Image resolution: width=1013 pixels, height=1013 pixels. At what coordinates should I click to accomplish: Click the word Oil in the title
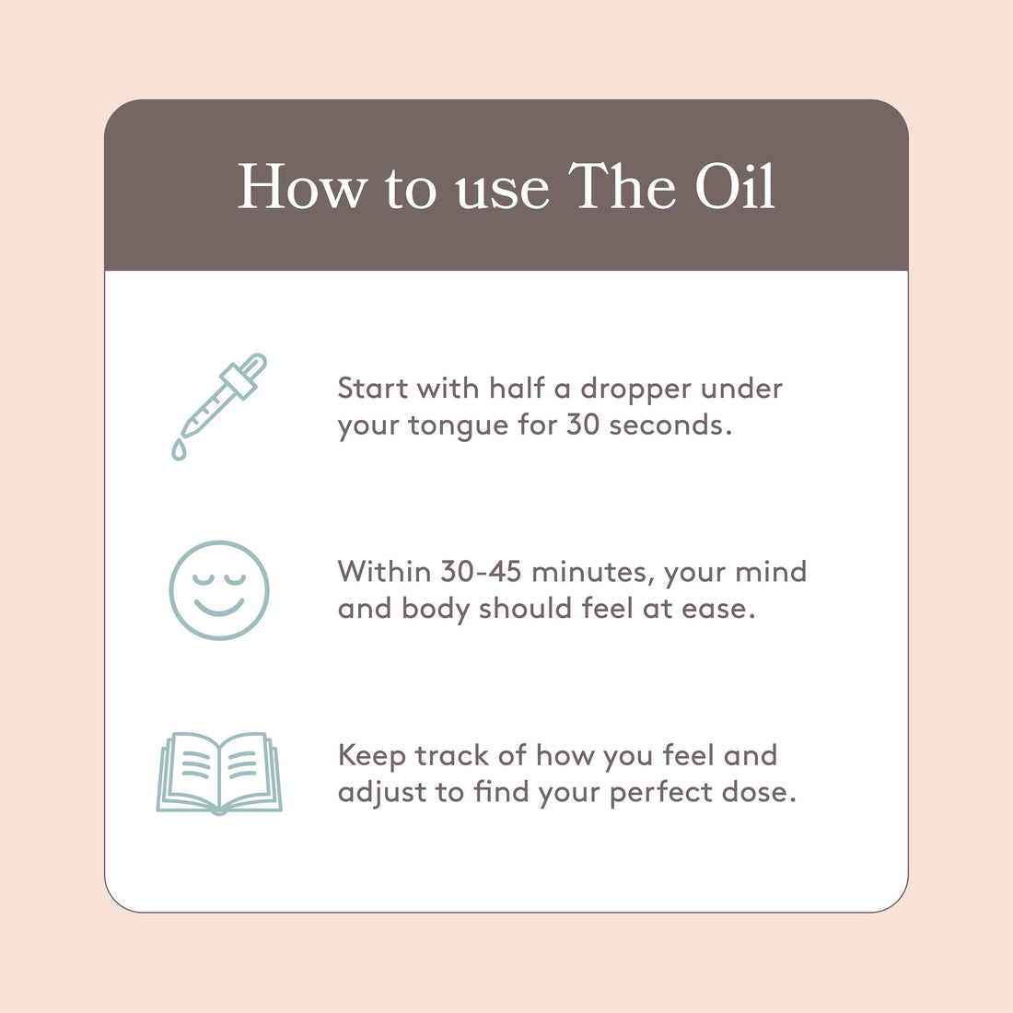(735, 186)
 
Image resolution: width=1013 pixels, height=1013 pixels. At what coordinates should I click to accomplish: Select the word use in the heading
(502, 192)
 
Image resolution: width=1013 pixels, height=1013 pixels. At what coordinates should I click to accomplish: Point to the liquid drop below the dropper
(179, 449)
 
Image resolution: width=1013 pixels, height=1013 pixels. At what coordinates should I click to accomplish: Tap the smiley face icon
(219, 590)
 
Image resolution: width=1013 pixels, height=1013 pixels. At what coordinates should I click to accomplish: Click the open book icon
(219, 774)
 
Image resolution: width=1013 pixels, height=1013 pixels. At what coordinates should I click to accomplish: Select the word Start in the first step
(372, 389)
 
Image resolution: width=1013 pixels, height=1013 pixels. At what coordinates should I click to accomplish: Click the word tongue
(458, 426)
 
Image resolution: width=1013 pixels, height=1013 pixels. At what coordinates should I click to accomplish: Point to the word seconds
(670, 425)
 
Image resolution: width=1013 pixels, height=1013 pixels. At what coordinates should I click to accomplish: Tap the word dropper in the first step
(635, 390)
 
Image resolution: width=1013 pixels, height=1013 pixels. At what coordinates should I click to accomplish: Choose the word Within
(384, 572)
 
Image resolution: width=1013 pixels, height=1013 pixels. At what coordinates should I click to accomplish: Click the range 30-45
(482, 572)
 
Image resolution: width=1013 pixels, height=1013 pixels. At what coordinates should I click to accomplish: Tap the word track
(451, 756)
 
